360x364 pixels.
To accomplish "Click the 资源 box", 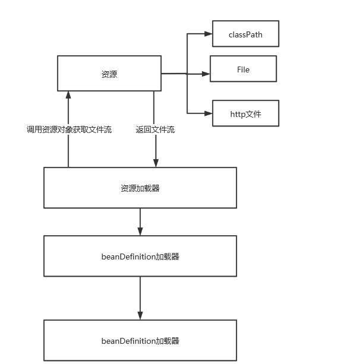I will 109,74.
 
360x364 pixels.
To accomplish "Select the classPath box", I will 245,34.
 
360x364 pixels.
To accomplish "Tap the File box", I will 243,69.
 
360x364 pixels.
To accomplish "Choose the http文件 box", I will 245,113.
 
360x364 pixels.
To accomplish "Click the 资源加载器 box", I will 140,188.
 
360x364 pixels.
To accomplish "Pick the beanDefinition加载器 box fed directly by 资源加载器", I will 140,257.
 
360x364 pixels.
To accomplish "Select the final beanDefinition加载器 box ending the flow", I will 140,341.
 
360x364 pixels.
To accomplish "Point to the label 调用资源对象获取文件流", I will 69,129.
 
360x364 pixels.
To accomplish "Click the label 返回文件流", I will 155,129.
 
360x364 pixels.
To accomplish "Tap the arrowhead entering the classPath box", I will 209,34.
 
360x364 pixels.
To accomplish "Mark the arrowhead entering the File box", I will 207,74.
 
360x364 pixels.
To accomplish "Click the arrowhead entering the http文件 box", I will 209,113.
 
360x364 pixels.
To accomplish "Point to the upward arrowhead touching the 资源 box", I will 68,95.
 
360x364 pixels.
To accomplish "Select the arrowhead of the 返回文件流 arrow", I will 156,163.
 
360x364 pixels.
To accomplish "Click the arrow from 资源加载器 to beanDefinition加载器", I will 140,221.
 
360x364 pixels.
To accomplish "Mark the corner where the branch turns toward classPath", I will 187,34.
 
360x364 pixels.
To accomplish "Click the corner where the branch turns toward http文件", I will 187,113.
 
